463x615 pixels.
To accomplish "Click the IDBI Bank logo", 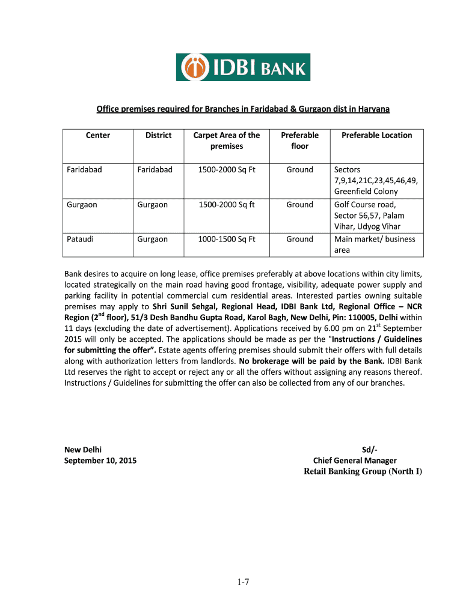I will tap(244, 67).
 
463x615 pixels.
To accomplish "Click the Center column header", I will tap(98, 135).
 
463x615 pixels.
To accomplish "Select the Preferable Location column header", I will tap(376, 135).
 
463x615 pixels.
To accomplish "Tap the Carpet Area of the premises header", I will tap(226, 141).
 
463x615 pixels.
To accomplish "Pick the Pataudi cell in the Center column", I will tap(81, 239).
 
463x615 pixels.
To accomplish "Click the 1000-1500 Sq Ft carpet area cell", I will tap(226, 239).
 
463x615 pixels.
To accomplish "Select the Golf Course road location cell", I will tap(369, 216).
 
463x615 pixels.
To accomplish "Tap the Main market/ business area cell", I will tap(374, 244).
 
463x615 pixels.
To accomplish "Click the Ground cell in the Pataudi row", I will tap(299, 239).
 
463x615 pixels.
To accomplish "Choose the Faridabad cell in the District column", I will tap(155, 169).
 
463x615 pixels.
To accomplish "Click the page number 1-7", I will tap(242, 581).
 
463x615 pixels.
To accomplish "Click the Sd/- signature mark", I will tap(369, 449).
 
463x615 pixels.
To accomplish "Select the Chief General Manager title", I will tap(355, 460).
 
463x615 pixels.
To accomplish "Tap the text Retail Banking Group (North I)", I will tap(363, 471).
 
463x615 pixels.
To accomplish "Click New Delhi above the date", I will tap(83, 449).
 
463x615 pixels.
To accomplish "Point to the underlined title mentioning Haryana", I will tap(244, 109).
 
